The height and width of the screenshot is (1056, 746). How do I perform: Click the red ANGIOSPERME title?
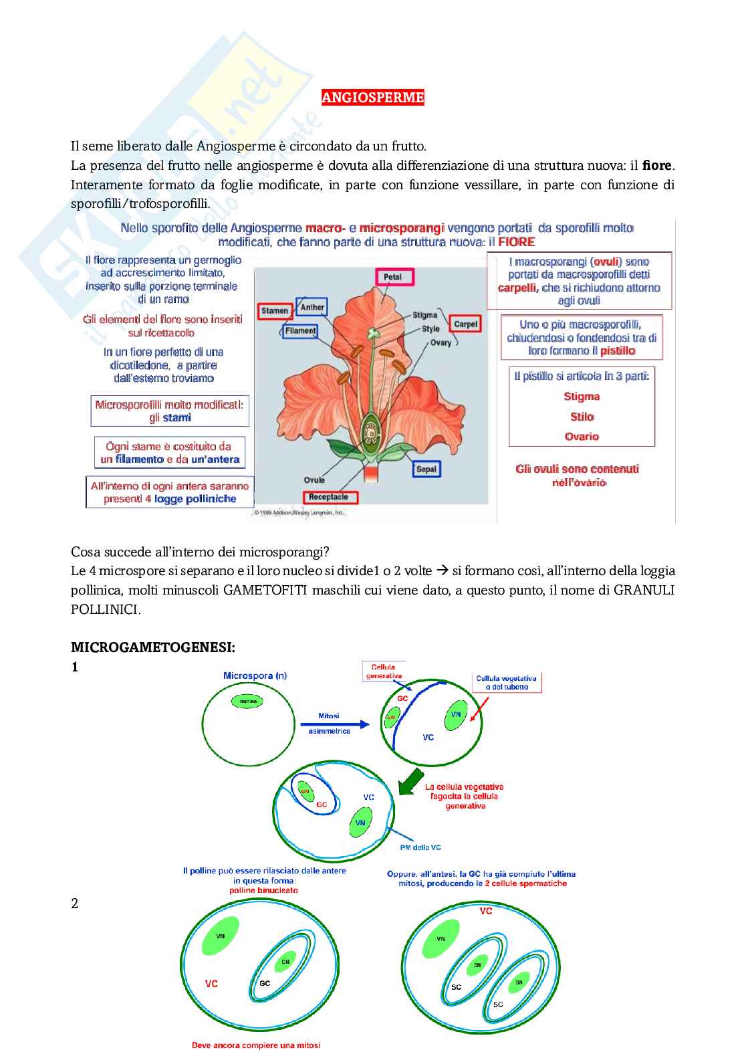pyautogui.click(x=372, y=98)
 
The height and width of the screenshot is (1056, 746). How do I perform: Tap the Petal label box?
pyautogui.click(x=392, y=277)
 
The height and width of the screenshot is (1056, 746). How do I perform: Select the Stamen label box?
pyautogui.click(x=275, y=310)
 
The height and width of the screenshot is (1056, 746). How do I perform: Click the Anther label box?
pyautogui.click(x=312, y=307)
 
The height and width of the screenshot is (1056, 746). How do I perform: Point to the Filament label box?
pyautogui.click(x=300, y=330)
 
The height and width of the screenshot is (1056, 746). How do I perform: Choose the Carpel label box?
pyautogui.click(x=465, y=324)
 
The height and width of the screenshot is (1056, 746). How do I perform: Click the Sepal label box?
pyautogui.click(x=426, y=469)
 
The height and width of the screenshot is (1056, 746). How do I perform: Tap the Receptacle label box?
pyautogui.click(x=329, y=497)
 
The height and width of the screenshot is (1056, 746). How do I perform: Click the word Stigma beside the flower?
pyautogui.click(x=424, y=315)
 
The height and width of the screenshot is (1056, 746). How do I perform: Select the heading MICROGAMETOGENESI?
pyautogui.click(x=153, y=647)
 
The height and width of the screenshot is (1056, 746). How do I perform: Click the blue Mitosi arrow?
pyautogui.click(x=334, y=724)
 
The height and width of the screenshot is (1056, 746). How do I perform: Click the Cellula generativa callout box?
pyautogui.click(x=384, y=671)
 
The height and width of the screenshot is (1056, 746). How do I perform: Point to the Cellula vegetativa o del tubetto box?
pyautogui.click(x=506, y=682)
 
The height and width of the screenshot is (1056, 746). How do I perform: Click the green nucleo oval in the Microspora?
pyautogui.click(x=247, y=702)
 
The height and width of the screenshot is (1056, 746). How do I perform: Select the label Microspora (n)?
pyautogui.click(x=255, y=675)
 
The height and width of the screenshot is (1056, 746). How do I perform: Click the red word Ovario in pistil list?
pyautogui.click(x=582, y=436)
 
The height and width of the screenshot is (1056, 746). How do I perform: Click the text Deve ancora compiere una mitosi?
pyautogui.click(x=256, y=1045)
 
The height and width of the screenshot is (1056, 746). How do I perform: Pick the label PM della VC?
pyautogui.click(x=420, y=847)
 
